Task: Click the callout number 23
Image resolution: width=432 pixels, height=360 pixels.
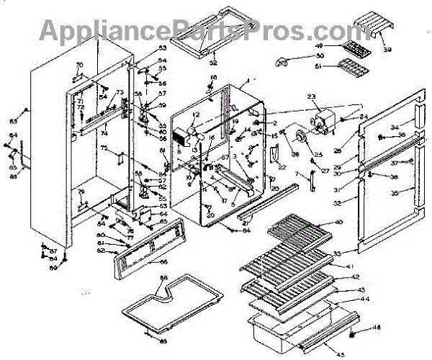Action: [x=312, y=96]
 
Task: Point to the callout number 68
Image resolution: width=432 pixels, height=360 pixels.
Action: [x=163, y=277]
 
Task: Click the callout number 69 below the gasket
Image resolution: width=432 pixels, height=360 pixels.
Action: [x=162, y=340]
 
